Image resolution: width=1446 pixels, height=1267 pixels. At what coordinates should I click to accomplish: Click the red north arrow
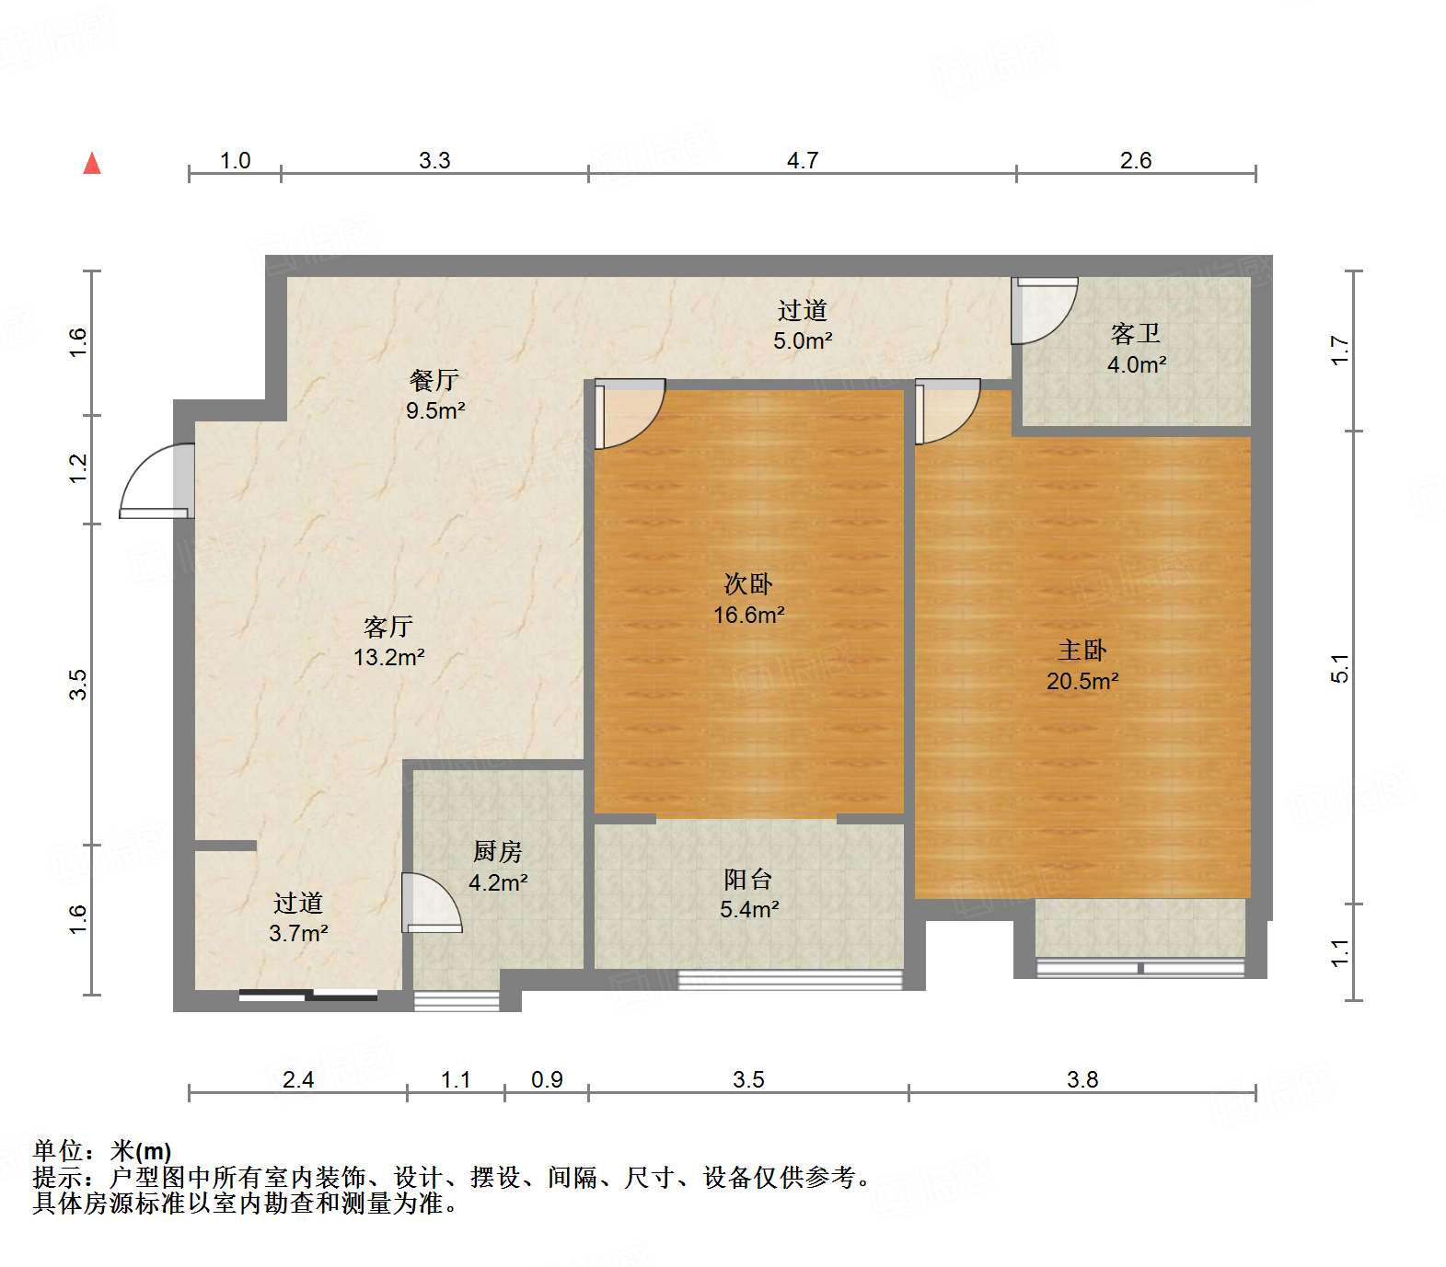(92, 164)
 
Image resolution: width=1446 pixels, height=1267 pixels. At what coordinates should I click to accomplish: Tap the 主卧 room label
(1082, 651)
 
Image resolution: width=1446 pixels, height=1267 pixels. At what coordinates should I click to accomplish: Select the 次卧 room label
(748, 583)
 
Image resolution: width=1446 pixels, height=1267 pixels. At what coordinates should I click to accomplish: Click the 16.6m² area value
(748, 615)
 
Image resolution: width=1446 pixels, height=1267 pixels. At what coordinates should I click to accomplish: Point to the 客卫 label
(1136, 333)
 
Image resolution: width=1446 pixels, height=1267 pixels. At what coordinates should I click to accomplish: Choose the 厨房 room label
(498, 852)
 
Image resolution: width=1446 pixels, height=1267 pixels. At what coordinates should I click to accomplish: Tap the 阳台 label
(747, 880)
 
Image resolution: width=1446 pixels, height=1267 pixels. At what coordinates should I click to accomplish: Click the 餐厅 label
(434, 379)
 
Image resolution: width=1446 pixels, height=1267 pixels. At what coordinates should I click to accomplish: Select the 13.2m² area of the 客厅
(388, 657)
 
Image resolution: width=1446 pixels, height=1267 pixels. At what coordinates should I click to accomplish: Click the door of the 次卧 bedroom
(630, 413)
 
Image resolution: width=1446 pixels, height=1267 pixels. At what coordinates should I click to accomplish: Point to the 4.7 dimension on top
(802, 160)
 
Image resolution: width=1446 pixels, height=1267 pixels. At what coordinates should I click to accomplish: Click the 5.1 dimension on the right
(1340, 667)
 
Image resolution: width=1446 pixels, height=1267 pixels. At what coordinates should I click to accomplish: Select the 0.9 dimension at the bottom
(547, 1079)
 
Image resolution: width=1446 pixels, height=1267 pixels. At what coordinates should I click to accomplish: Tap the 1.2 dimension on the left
(78, 468)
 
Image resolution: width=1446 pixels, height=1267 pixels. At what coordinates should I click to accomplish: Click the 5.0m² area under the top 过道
(803, 340)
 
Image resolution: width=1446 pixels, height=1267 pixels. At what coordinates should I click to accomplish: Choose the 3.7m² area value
(298, 933)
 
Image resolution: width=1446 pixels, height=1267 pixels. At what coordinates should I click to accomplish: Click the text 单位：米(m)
(102, 1151)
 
